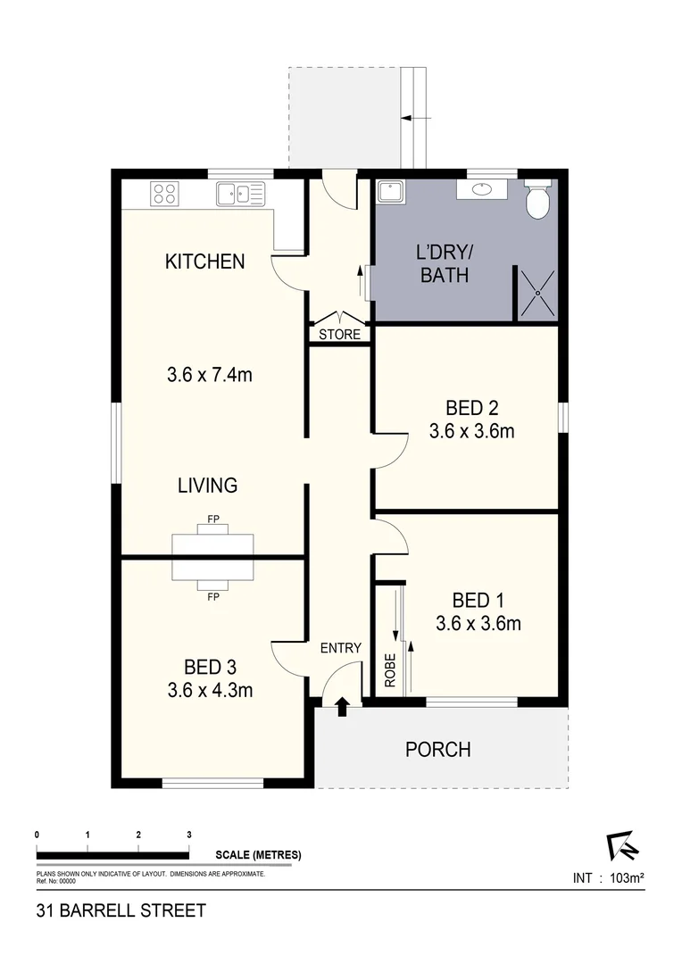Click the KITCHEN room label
coord(204,262)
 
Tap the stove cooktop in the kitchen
coord(165,193)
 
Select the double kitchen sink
coord(240,193)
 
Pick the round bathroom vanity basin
coord(482,189)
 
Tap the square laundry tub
coord(391,192)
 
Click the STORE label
coord(340,335)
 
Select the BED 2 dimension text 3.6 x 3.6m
coord(472,432)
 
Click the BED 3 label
coord(210,667)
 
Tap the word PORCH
coord(437,749)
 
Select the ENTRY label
coord(340,648)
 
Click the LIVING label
coord(207,486)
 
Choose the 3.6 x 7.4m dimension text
coord(209,375)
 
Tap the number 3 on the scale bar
coord(189,835)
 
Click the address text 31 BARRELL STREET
coord(121,911)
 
